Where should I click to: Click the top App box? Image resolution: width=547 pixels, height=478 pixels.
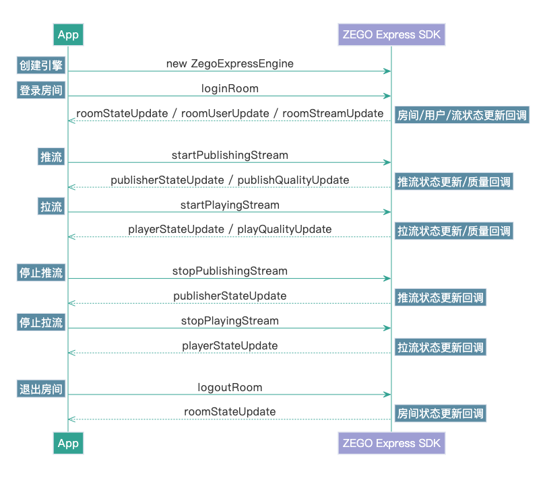point(68,35)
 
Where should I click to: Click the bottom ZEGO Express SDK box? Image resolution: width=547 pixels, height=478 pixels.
point(391,443)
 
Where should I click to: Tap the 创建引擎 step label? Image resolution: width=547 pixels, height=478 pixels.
point(41,65)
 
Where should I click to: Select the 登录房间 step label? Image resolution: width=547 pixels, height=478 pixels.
point(41,90)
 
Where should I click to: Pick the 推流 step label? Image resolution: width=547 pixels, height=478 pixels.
point(51,157)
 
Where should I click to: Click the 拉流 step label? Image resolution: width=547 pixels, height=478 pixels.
point(51,207)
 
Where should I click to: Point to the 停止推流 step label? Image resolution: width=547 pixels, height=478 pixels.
point(41,273)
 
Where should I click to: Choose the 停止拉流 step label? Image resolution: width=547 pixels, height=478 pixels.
point(41,322)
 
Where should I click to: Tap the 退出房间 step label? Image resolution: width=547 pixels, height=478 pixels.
point(41,389)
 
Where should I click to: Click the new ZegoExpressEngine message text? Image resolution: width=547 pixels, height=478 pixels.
point(230,64)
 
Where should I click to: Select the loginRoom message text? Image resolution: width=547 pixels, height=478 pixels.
point(230,88)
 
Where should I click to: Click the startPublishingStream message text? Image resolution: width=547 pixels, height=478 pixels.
point(230,155)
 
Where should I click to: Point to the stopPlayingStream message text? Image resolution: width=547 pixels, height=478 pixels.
point(230,320)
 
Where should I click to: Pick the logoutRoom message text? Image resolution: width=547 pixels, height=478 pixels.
point(230,387)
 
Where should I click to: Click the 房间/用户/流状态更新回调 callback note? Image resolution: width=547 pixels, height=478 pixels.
point(461,115)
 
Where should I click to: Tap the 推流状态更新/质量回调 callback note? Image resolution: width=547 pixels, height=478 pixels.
point(453,182)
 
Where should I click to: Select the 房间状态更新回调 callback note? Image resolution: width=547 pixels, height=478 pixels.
point(440,413)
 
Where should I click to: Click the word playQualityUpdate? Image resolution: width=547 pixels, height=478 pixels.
point(284,230)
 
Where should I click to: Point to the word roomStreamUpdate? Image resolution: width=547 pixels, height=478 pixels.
point(333,113)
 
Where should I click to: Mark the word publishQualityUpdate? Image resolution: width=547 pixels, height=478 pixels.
point(293,180)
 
